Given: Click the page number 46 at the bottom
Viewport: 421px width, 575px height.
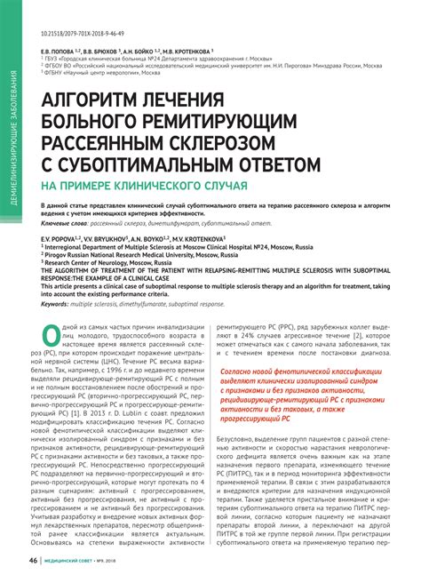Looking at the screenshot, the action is tap(33, 561).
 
